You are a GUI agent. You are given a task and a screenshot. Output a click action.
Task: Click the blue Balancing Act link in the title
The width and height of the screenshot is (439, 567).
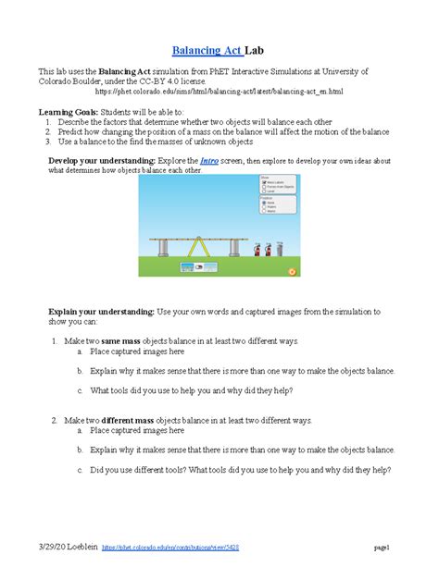[x=205, y=48]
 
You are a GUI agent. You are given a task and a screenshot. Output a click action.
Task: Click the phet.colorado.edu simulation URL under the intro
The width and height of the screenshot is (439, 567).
[x=219, y=92]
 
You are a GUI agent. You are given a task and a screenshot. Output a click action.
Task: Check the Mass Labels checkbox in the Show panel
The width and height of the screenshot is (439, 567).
[x=263, y=182]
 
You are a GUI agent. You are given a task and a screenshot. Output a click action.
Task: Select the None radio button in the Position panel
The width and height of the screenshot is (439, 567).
[x=263, y=201]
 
